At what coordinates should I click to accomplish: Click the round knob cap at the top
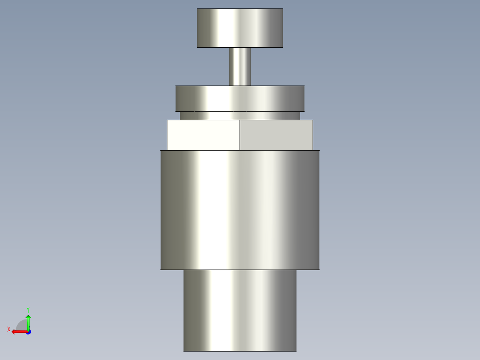[x=240, y=28]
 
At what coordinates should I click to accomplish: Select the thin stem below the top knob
[x=240, y=66]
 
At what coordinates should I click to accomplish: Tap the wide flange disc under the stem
[x=240, y=98]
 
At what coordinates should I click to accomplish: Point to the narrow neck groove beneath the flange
[x=240, y=116]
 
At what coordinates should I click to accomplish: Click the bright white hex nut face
[x=203, y=135]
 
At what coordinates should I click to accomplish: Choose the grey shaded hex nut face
[x=277, y=135]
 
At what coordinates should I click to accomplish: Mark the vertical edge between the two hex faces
[x=240, y=135]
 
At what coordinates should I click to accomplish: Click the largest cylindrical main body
[x=240, y=210]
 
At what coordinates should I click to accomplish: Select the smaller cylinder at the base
[x=240, y=311]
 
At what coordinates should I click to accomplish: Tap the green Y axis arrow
[x=28, y=322]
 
